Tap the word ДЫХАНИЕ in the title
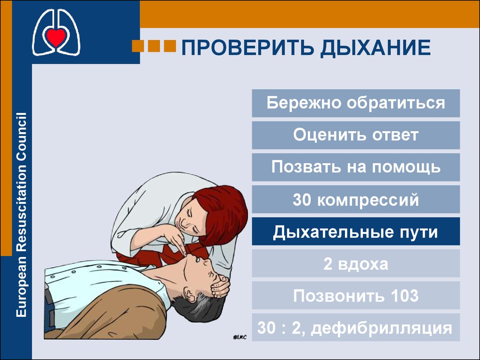click(375, 48)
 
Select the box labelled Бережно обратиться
click(356, 103)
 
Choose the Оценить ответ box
click(356, 135)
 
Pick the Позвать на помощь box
click(356, 167)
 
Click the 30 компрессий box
click(356, 199)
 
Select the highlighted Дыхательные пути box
click(356, 232)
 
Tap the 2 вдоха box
click(356, 263)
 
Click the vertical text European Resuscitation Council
click(21, 215)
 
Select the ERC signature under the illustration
click(240, 337)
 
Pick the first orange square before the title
click(138, 46)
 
